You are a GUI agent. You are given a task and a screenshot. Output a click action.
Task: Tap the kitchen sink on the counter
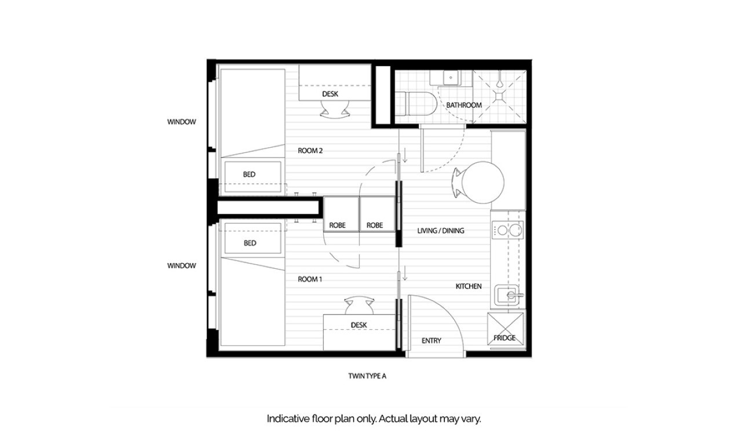510,296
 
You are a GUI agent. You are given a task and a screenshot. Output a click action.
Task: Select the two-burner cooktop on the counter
507,231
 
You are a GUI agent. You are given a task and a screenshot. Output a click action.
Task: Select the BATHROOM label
463,105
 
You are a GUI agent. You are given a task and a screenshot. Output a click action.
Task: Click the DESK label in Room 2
330,94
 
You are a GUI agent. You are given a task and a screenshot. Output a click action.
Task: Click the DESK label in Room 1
359,325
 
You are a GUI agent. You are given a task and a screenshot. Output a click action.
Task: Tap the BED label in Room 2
250,174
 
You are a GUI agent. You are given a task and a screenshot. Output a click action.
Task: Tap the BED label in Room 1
250,243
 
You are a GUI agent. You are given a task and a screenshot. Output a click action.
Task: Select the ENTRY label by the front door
431,341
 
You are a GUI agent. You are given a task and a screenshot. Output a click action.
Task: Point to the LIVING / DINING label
441,231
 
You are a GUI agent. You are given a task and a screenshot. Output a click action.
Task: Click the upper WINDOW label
182,122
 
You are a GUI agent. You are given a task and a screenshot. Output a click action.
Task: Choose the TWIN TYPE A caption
367,376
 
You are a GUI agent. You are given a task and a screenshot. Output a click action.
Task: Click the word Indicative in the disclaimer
285,418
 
